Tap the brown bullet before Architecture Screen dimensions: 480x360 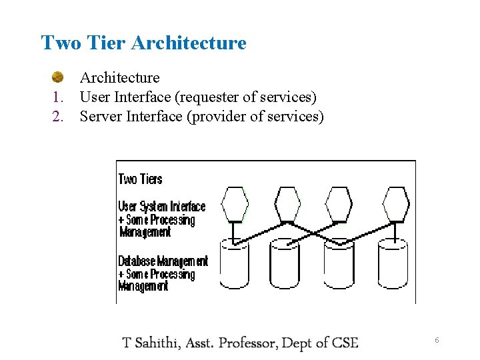tap(59, 77)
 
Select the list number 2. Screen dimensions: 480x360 tap(58, 117)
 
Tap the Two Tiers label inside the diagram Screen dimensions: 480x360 tap(140, 179)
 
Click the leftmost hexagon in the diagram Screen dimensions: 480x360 tap(235, 204)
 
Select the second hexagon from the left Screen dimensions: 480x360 tap(288, 204)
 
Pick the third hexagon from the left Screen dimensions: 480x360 tap(339, 204)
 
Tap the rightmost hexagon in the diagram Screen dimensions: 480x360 tap(396, 204)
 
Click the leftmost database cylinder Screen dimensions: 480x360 tap(234, 263)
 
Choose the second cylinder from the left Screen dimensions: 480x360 tap(285, 263)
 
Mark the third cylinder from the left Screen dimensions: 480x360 tap(339, 263)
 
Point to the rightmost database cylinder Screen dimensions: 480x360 tap(393, 263)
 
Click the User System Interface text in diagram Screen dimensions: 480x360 tap(162, 207)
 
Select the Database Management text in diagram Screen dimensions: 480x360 tap(163, 261)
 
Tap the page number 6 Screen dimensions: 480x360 tap(437, 341)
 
